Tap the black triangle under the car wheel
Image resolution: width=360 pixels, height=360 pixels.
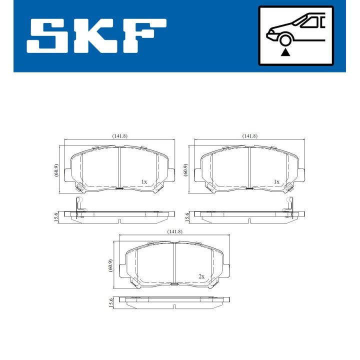[285, 51]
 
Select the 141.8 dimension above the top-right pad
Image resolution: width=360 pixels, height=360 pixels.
[249, 136]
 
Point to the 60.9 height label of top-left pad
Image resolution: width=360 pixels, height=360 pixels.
[56, 170]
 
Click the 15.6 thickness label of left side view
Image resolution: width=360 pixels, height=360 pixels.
[56, 216]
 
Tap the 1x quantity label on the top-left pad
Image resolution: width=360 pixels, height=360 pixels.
[144, 181]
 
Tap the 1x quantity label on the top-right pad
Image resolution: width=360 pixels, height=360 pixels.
[276, 181]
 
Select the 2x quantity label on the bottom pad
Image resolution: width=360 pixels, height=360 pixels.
[201, 276]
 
